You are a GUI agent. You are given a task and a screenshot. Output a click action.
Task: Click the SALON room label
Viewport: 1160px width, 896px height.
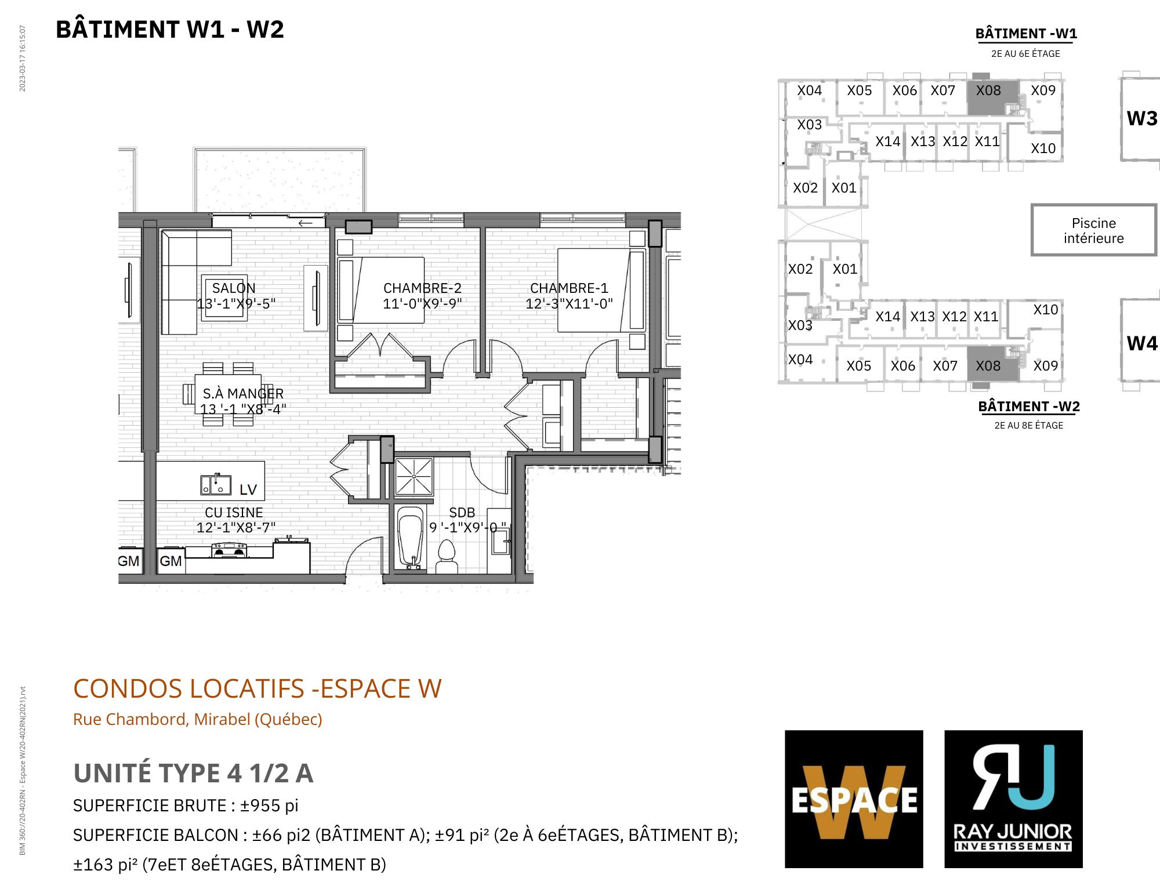234,288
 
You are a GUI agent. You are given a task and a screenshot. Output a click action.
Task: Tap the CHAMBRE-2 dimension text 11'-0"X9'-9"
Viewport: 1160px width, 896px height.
422,303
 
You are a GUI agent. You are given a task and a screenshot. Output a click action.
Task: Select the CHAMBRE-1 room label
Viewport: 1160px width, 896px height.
569,288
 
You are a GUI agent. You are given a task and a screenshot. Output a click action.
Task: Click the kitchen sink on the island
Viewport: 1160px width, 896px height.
216,485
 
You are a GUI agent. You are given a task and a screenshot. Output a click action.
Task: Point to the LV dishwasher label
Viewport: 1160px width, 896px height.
248,489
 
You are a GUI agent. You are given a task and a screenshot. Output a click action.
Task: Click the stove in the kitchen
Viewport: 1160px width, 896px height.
230,550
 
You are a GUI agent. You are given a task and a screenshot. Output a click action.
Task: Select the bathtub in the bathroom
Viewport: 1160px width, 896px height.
412,538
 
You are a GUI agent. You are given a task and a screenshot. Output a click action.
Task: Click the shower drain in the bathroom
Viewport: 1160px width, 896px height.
414,476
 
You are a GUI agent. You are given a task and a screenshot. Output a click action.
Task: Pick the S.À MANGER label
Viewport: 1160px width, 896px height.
243,394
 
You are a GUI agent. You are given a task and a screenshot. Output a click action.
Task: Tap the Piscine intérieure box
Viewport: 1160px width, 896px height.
1094,230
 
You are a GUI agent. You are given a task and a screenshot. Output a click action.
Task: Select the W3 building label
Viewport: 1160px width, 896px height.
1142,118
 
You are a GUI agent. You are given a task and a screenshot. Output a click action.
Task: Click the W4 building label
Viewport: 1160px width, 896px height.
1142,343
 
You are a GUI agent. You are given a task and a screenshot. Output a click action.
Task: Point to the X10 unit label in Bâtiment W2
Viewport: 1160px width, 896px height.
1046,310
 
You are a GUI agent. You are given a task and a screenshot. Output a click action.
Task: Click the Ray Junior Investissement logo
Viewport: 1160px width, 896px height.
1013,799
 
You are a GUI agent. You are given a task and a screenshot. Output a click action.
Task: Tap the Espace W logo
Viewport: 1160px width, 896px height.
854,799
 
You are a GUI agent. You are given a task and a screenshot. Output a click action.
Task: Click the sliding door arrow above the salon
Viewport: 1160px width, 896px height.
305,223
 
